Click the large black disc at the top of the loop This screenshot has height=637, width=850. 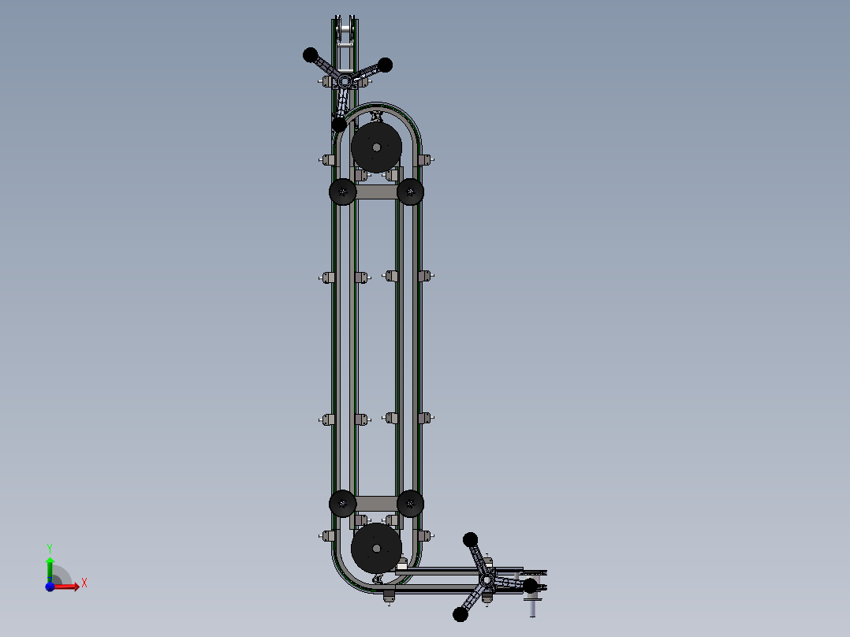376,147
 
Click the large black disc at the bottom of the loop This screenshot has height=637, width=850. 376,548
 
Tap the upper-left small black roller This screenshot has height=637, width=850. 342,192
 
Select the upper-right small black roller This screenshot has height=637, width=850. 410,192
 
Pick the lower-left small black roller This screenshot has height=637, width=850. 342,504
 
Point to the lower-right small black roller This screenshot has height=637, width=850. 410,504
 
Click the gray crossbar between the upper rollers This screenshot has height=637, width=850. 376,192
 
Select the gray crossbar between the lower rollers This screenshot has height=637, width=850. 376,504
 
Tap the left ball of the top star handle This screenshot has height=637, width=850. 310,54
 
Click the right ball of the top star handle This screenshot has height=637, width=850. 385,65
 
